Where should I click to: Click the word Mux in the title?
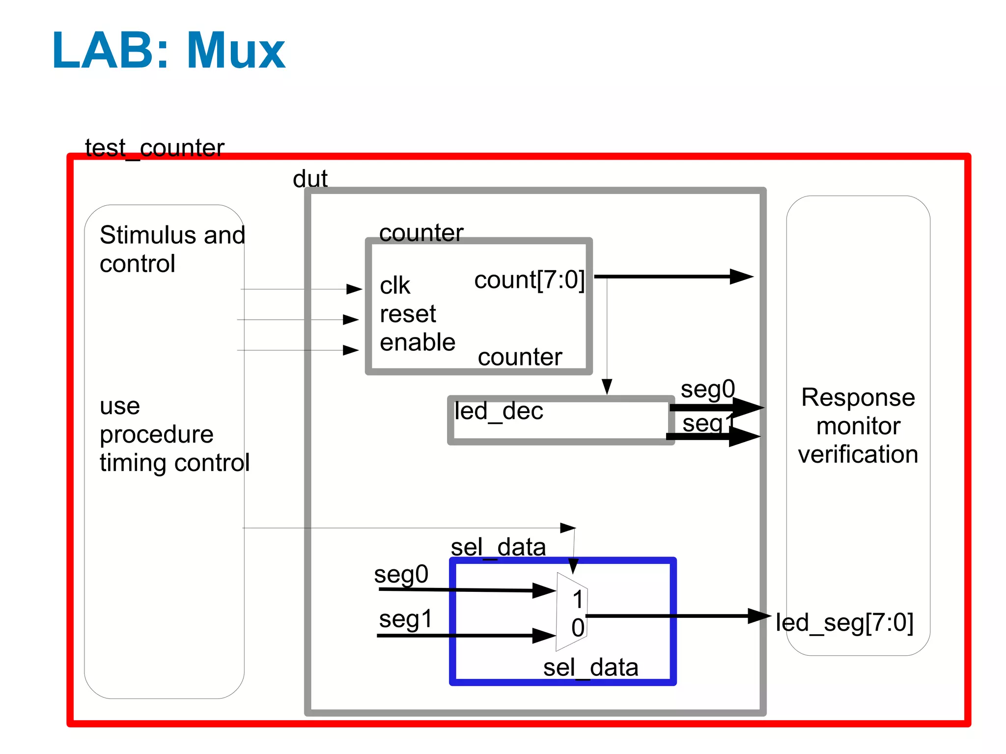pyautogui.click(x=236, y=50)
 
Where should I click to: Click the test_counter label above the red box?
pyautogui.click(x=155, y=148)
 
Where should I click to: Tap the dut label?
pyautogui.click(x=310, y=178)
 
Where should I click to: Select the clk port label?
pyautogui.click(x=395, y=285)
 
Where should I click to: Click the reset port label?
pyautogui.click(x=408, y=314)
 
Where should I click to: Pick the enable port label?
pyautogui.click(x=418, y=342)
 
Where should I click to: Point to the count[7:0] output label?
pyautogui.click(x=530, y=280)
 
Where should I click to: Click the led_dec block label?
pyautogui.click(x=499, y=411)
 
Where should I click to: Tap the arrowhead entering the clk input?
pyautogui.click(x=354, y=289)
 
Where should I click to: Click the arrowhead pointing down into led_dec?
pyautogui.click(x=607, y=386)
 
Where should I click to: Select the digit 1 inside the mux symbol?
pyautogui.click(x=578, y=599)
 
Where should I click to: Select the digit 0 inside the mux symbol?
pyautogui.click(x=578, y=628)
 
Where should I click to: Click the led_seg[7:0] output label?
pyautogui.click(x=844, y=623)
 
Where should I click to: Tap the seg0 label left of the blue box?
pyautogui.click(x=401, y=574)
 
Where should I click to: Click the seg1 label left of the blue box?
pyautogui.click(x=406, y=618)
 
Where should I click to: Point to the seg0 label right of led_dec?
pyautogui.click(x=708, y=390)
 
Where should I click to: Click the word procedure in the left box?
pyautogui.click(x=156, y=434)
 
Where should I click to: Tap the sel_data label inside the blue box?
pyautogui.click(x=590, y=668)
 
